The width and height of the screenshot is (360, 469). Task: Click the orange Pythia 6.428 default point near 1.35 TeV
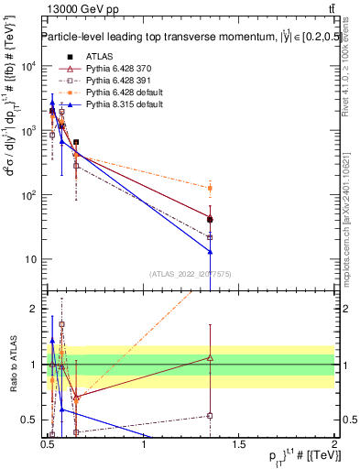pos(211,188)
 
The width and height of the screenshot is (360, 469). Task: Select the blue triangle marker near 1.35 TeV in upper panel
pos(211,251)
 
